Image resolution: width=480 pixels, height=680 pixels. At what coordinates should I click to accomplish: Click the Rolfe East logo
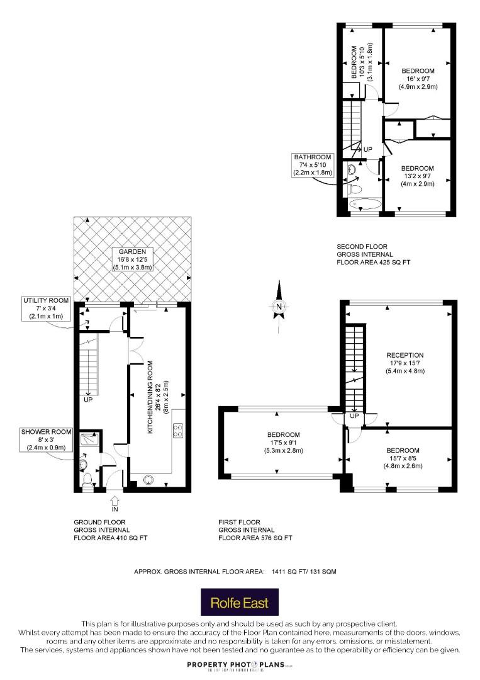tap(240, 602)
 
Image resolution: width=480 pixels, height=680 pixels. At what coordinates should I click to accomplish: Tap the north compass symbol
tap(279, 307)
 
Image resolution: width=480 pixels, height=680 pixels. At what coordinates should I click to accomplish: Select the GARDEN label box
tap(132, 259)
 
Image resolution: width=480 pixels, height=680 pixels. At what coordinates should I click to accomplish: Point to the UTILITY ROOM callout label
tap(46, 309)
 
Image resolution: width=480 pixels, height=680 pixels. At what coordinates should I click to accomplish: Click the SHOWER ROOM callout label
tap(47, 439)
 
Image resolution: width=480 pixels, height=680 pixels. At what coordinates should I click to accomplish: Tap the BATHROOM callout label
tap(313, 165)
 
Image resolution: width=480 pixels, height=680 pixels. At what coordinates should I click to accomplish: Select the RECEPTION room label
tap(405, 363)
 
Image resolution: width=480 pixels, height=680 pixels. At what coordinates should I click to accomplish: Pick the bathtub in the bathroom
tap(365, 204)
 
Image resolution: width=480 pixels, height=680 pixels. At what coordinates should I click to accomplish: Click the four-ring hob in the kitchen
tap(177, 430)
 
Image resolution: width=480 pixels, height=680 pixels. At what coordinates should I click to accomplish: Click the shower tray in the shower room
tap(90, 439)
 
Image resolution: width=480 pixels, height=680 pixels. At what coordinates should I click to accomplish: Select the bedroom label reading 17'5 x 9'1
tap(283, 443)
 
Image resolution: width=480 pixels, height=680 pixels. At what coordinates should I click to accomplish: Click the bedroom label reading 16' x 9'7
tap(418, 79)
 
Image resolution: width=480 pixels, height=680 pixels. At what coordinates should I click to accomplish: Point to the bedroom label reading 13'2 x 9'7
tap(418, 176)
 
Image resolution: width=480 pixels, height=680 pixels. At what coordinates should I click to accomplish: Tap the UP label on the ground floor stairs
tap(88, 399)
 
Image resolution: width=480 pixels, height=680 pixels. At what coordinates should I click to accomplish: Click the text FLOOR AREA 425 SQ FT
tap(374, 262)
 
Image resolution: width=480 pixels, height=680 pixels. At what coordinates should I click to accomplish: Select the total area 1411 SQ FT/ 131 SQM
tap(304, 572)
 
